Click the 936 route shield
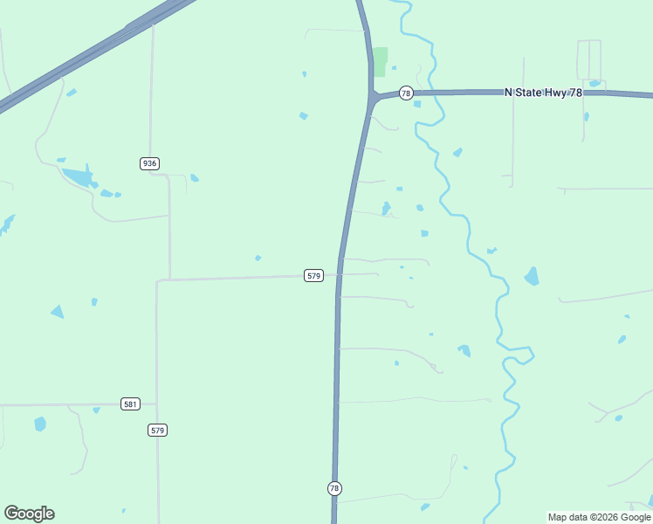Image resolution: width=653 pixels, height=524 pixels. pos(149,163)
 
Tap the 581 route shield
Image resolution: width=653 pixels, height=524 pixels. pos(130,404)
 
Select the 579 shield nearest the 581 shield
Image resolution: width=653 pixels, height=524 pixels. pos(157,431)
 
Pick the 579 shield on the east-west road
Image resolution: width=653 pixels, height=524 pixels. pos(314,275)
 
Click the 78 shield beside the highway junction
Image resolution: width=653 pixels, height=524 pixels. pos(406,93)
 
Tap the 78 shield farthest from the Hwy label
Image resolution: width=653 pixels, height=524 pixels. pos(334,488)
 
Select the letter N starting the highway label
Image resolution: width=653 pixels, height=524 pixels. pos(509,92)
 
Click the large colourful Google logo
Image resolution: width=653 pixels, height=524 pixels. pos(29,514)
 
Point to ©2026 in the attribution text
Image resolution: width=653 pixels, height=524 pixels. pos(608,517)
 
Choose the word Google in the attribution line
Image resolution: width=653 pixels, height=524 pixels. pos(636,517)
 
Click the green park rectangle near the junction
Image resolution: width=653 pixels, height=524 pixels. pos(381,61)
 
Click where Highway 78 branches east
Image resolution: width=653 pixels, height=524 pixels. pos(374,96)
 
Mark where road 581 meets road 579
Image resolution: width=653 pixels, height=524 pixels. pos(157,404)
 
